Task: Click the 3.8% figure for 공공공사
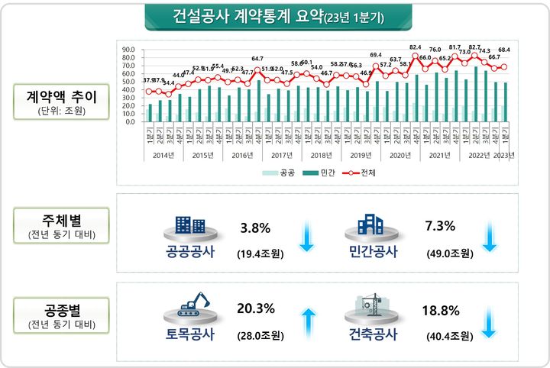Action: tap(255, 228)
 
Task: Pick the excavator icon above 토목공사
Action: tap(194, 305)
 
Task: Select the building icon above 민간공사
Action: tap(370, 224)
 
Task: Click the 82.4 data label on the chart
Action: tap(416, 47)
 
